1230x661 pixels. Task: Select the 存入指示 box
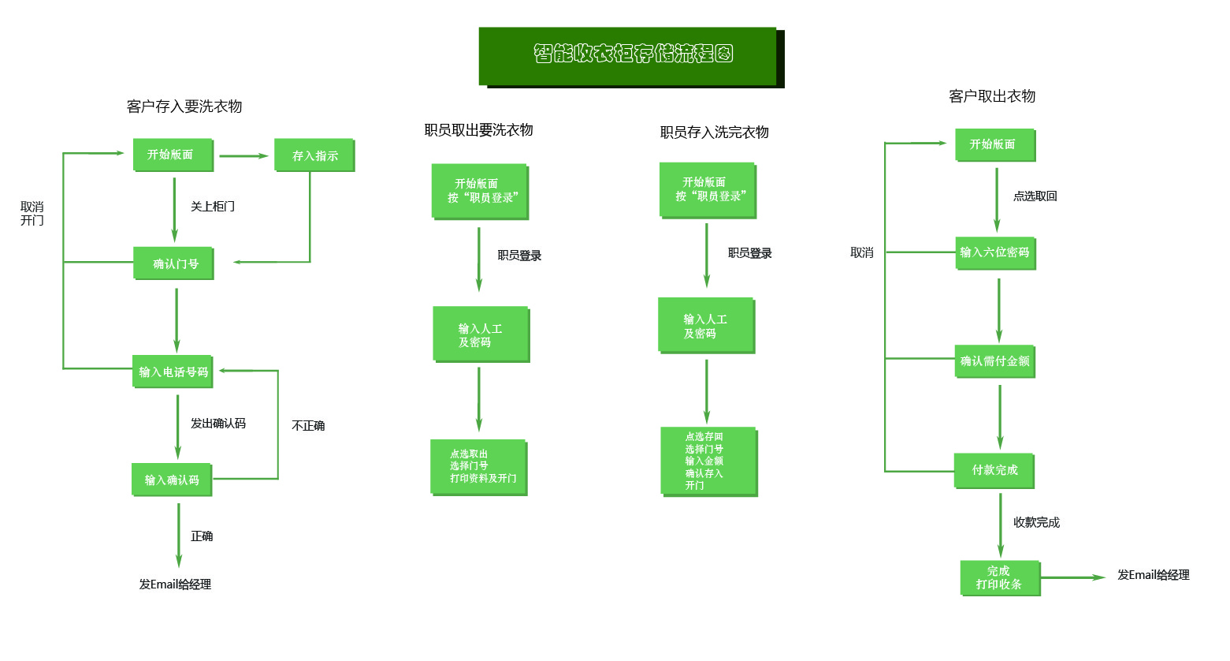coord(314,155)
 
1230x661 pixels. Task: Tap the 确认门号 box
coord(174,263)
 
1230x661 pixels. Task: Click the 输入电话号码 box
coord(173,372)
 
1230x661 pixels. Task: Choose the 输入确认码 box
coord(172,480)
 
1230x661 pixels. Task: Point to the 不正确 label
coord(308,426)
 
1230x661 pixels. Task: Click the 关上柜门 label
coord(213,207)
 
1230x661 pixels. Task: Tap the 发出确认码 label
coord(218,424)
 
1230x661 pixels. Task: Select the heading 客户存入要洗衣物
coord(184,106)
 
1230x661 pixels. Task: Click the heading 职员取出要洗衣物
coord(479,130)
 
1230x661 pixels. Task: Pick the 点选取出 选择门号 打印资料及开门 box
coord(479,467)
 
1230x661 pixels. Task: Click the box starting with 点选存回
coord(708,461)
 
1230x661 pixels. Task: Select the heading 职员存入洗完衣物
coord(715,133)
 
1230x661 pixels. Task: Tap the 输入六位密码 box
coord(995,252)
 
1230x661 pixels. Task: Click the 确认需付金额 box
coord(994,361)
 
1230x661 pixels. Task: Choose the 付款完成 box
coord(994,470)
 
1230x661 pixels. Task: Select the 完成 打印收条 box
coord(1000,577)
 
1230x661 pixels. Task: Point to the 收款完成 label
coord(1036,522)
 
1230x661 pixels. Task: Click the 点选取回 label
coord(1035,196)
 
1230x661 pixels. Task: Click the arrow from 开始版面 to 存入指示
coord(243,156)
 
